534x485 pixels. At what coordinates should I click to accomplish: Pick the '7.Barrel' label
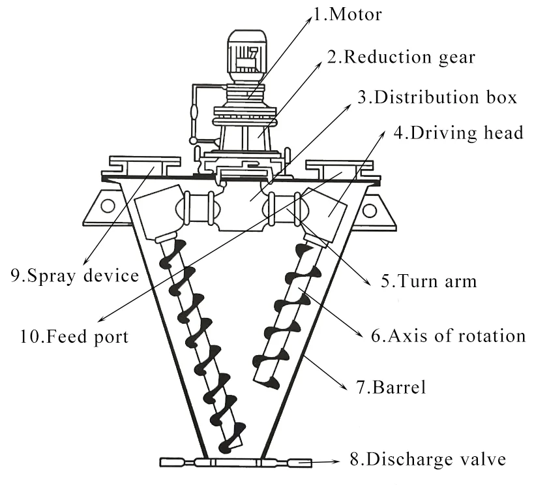(398, 388)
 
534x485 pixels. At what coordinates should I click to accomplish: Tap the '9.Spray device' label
(74, 275)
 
